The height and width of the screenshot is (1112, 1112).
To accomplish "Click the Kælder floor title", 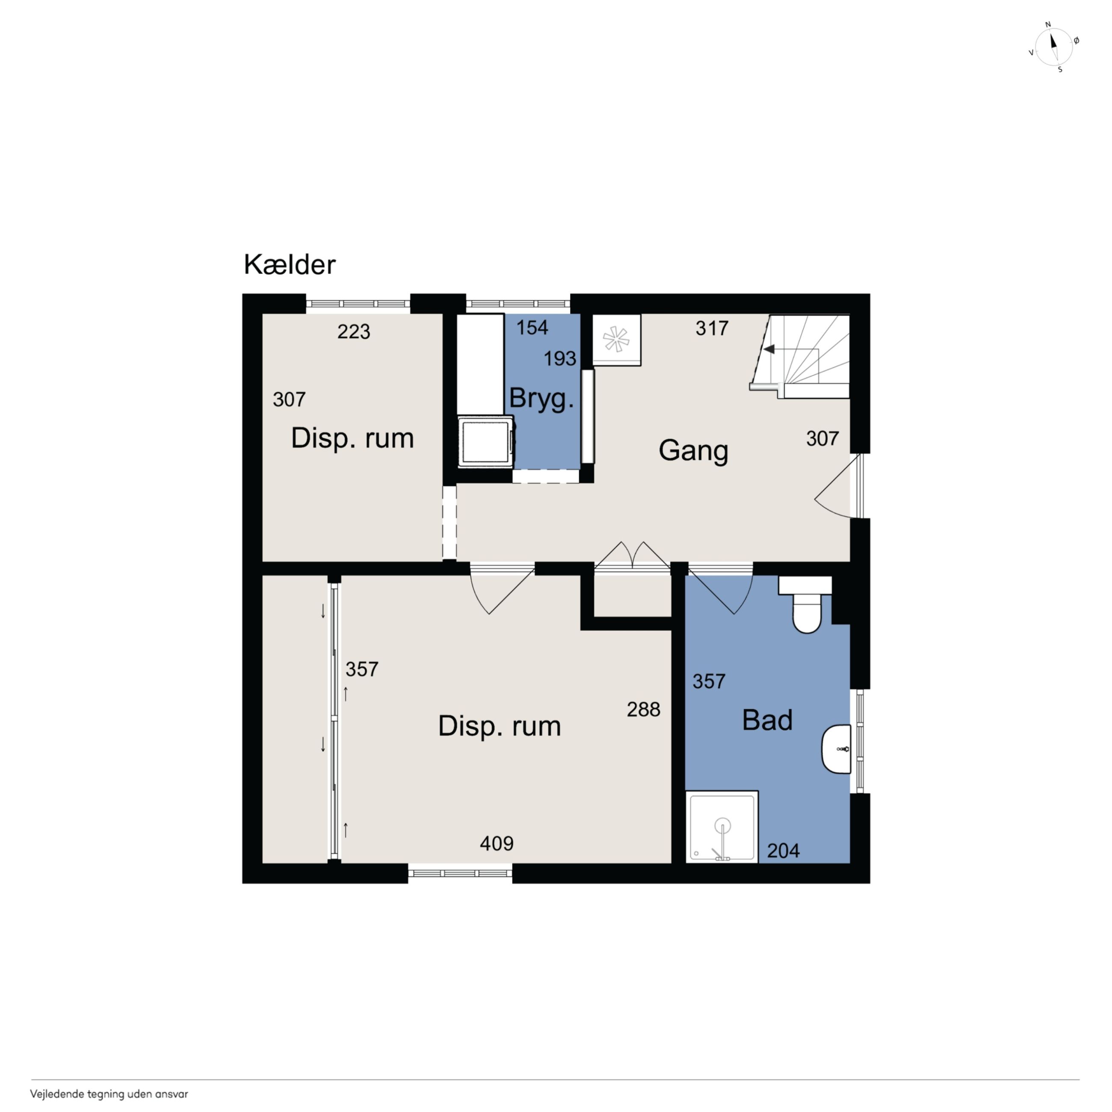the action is click(290, 265).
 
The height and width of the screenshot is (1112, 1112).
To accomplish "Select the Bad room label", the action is click(767, 720).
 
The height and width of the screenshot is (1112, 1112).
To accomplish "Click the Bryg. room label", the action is click(541, 399).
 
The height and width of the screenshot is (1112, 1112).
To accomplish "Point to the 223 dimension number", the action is click(353, 331).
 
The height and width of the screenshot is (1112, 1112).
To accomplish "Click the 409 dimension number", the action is click(496, 844).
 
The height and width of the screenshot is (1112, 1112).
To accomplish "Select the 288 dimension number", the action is click(644, 710).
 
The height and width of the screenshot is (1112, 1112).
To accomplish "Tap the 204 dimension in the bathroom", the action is click(784, 851).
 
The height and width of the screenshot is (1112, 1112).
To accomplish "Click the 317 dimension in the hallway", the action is click(712, 328).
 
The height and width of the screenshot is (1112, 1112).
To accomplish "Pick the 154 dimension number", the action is click(532, 328).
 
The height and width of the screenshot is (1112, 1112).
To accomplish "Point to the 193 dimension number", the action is click(560, 358).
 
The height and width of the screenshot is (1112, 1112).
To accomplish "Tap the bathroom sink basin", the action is click(836, 749).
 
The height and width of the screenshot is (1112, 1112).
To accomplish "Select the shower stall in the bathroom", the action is click(722, 827).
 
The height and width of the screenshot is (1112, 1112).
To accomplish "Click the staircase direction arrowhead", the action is click(769, 349).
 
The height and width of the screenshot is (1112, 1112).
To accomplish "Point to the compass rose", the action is click(1054, 47).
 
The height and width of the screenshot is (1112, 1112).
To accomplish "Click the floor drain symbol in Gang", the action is click(616, 339).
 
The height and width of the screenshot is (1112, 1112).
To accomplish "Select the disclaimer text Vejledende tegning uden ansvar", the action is click(109, 1094).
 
